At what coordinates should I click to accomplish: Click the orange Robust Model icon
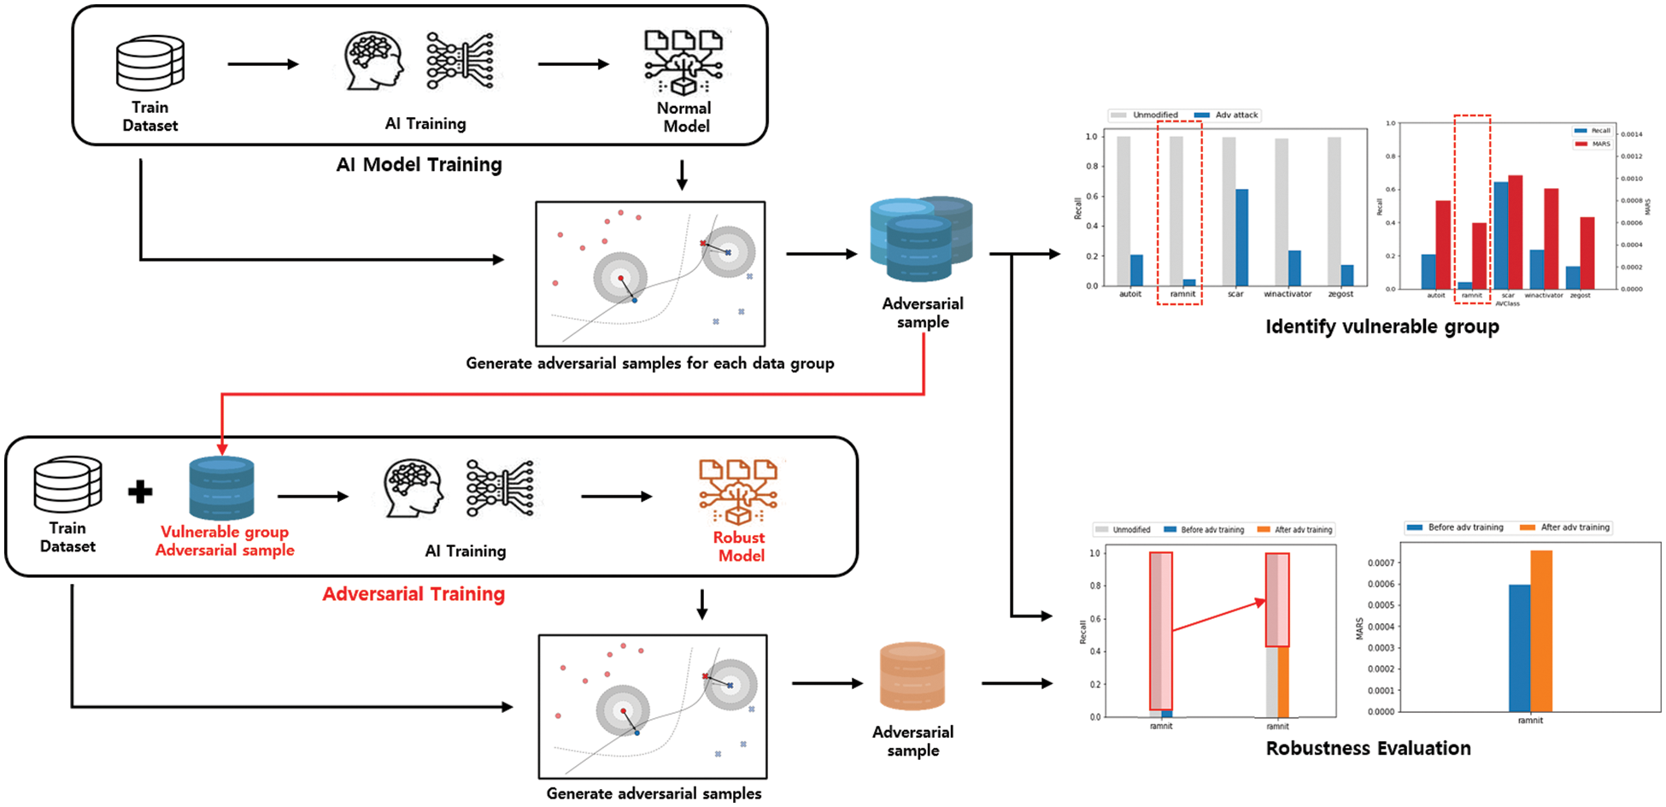738,492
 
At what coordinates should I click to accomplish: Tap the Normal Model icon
683,62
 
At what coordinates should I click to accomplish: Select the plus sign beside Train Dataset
140,492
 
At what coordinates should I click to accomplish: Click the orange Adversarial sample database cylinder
912,676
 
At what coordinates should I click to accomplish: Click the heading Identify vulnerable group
1381,327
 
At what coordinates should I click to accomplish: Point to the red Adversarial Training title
414,594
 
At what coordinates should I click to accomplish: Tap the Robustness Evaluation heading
1368,749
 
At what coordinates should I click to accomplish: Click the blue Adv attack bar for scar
1241,237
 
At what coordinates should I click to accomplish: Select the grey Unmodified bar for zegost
1334,210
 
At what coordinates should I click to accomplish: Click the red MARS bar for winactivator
1551,238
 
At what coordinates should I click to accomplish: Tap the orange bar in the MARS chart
1540,631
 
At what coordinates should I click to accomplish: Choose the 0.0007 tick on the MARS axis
1381,563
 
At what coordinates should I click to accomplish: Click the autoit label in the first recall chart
1129,294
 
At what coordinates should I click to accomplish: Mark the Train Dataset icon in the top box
150,63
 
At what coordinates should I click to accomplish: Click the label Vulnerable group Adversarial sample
225,541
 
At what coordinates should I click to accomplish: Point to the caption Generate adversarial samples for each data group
649,363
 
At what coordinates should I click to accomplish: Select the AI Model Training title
419,165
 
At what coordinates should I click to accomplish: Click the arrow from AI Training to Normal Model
572,64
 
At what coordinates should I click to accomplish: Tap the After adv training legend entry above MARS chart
1574,527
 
